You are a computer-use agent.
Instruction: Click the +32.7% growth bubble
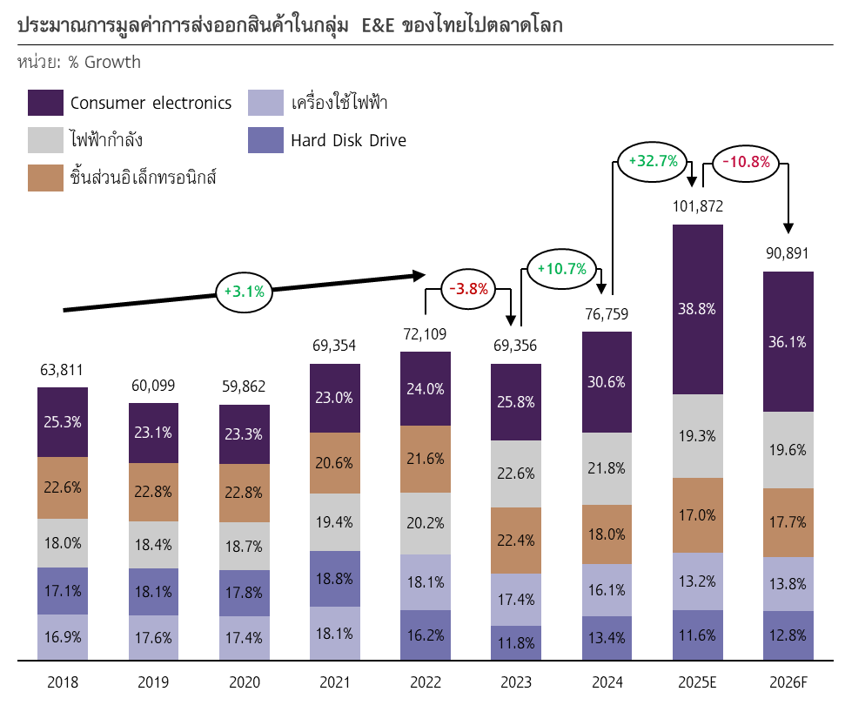click(653, 162)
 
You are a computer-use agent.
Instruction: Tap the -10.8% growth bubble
click(746, 163)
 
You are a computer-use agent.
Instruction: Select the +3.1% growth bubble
click(244, 292)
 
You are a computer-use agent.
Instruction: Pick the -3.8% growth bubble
click(468, 289)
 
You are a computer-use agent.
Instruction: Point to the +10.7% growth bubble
click(561, 269)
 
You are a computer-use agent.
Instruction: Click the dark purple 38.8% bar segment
click(697, 309)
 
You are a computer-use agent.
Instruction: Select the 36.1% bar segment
click(788, 342)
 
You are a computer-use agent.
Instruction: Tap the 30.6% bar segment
click(607, 382)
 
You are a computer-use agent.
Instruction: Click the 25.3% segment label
click(63, 422)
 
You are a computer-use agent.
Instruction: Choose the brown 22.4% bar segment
click(516, 541)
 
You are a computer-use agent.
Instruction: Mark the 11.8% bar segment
click(516, 643)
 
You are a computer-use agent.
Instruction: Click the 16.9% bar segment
click(63, 637)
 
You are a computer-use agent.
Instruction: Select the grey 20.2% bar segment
click(426, 523)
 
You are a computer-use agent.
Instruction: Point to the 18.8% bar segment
click(335, 579)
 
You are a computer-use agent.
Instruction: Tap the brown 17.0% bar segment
click(697, 515)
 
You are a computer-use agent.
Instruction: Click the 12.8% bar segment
click(788, 635)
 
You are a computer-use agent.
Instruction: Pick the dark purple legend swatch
click(45, 103)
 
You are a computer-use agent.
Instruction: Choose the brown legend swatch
click(45, 178)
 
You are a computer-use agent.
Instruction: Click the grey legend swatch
click(45, 140)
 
